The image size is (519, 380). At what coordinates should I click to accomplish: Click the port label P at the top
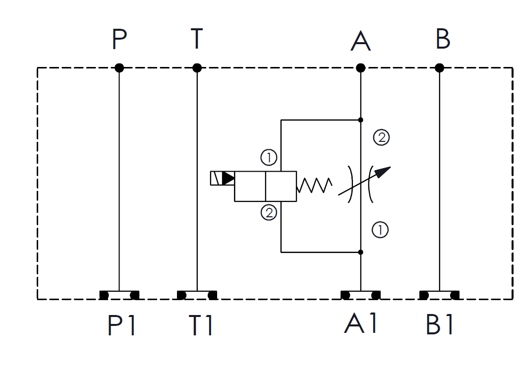point(119,39)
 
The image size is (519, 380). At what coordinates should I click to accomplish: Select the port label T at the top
point(197,38)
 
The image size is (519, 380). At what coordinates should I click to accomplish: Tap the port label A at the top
point(360,41)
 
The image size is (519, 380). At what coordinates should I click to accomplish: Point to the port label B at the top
point(443,39)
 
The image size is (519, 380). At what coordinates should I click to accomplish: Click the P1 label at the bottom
point(121,325)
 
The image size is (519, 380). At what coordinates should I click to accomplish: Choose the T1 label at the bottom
point(201,325)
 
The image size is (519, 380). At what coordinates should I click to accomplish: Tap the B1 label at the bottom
point(439,324)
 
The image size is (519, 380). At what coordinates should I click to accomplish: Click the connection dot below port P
point(119,68)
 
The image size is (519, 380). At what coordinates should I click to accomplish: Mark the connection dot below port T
point(197,68)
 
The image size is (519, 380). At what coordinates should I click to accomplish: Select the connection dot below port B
point(439,68)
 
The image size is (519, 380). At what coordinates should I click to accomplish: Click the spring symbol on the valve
point(314,185)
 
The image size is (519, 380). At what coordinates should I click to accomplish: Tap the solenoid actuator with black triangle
point(223,178)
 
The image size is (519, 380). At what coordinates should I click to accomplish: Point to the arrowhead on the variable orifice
point(383,172)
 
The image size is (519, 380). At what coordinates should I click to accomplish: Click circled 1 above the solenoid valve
point(269,157)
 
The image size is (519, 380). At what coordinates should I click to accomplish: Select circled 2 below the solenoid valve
point(269,213)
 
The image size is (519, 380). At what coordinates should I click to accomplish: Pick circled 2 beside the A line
point(381,137)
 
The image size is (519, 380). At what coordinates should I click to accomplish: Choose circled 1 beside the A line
point(380,230)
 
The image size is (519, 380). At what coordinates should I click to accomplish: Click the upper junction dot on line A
point(361,120)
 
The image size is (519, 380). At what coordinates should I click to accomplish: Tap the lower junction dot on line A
point(361,252)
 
